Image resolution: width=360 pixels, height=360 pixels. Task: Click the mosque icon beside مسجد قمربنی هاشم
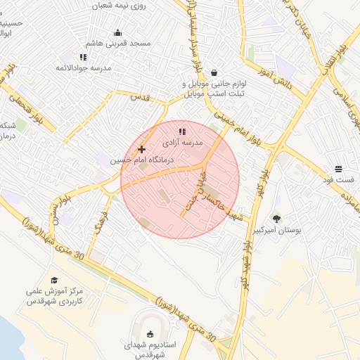(118, 32)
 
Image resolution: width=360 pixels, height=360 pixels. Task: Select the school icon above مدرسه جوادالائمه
(84, 57)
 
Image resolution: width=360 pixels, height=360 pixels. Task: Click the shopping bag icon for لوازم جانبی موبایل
(214, 72)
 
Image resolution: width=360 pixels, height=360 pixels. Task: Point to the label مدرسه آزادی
(183, 143)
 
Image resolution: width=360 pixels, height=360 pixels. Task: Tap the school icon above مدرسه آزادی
(182, 131)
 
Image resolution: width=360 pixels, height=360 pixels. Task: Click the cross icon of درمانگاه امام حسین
(142, 149)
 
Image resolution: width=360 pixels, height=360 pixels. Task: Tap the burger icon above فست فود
(339, 169)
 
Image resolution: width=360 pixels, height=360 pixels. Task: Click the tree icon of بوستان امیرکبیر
(276, 218)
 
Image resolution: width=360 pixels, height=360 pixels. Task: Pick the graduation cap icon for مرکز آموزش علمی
(54, 280)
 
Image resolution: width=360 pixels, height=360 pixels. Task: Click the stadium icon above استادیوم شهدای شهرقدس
(149, 334)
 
